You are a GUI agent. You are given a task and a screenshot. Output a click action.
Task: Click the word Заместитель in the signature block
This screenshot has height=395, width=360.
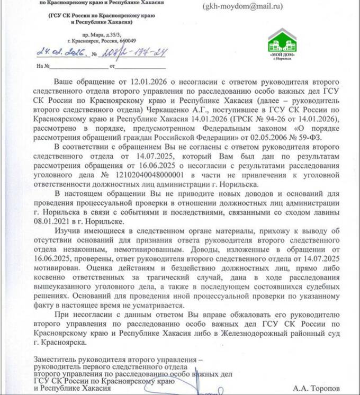55,360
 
